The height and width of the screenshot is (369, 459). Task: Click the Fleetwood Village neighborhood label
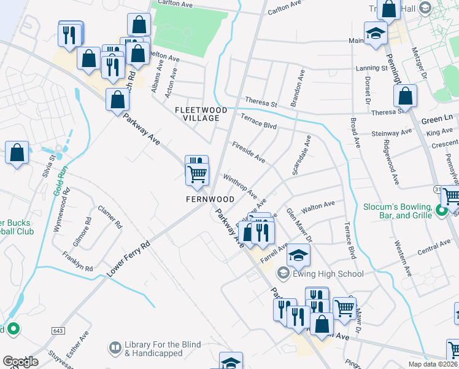tap(201, 114)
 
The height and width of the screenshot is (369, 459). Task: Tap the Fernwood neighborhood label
tap(210, 200)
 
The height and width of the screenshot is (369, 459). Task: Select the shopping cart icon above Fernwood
tap(198, 174)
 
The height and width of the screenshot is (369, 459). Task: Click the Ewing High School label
tap(328, 274)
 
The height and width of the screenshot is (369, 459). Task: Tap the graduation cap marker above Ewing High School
tap(299, 255)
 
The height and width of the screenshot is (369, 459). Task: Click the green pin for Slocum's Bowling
tap(440, 212)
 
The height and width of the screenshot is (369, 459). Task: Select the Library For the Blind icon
tap(115, 349)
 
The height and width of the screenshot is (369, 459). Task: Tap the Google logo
tap(20, 362)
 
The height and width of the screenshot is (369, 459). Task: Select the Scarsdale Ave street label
tap(302, 155)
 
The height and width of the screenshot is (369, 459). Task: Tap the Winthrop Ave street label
tap(239, 186)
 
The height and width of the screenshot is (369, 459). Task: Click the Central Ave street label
tap(434, 248)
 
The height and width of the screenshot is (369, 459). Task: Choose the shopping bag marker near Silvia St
tap(17, 154)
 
